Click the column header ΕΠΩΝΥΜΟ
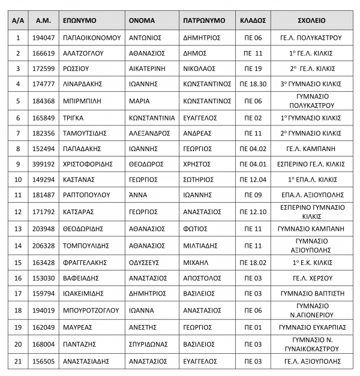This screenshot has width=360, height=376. [x=80, y=20]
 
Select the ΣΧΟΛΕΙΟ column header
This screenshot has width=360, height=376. [x=310, y=20]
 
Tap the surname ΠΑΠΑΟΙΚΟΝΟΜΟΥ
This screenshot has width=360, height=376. [x=92, y=37]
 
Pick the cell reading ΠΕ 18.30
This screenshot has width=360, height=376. [x=251, y=85]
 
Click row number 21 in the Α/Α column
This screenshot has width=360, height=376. [x=18, y=361]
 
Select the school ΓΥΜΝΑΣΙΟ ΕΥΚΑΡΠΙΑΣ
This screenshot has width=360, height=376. [x=310, y=327]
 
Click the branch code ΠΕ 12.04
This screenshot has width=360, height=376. [x=251, y=179]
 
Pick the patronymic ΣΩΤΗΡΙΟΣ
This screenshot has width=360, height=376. [x=199, y=179]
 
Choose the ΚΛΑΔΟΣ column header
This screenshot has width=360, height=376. [x=251, y=20]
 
